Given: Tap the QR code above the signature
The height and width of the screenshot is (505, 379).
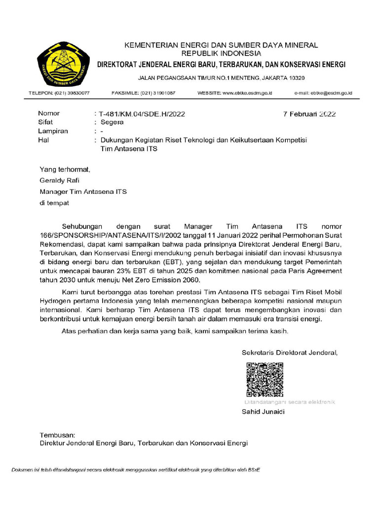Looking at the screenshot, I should pyautogui.click(x=265, y=380).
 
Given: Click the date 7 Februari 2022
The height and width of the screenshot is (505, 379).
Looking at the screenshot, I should pyautogui.click(x=309, y=113).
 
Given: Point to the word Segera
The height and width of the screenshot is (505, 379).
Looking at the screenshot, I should pyautogui.click(x=112, y=122).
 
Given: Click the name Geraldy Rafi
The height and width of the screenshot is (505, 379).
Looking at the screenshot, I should pyautogui.click(x=59, y=180).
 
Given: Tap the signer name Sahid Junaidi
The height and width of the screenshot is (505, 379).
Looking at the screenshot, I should pyautogui.click(x=263, y=412).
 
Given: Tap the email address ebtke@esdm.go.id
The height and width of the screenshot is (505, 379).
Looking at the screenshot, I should pyautogui.click(x=333, y=93).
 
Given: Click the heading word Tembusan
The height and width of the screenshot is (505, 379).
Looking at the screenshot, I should pyautogui.click(x=57, y=435).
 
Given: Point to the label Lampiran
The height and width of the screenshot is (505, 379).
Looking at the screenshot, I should pyautogui.click(x=53, y=131).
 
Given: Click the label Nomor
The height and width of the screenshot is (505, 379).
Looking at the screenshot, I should pyautogui.click(x=49, y=113).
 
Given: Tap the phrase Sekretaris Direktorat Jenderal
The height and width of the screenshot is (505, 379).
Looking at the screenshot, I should pyautogui.click(x=290, y=353).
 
